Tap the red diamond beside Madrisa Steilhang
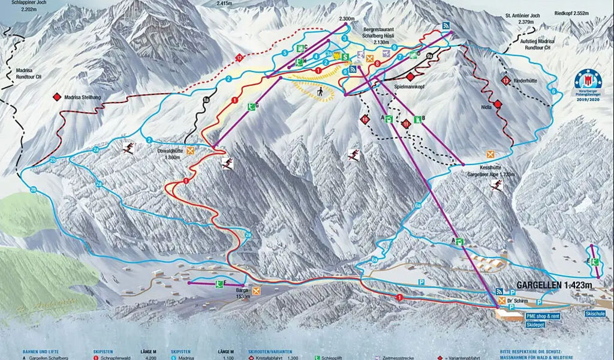click(57, 97)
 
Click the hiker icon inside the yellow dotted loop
click(322, 91)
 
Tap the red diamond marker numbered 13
click(506, 81)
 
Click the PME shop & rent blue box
click(543, 316)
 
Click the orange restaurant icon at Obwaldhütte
click(191, 151)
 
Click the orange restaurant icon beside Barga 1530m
click(257, 291)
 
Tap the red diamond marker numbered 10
click(365, 119)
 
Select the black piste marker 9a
click(429, 55)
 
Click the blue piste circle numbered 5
click(285, 53)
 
